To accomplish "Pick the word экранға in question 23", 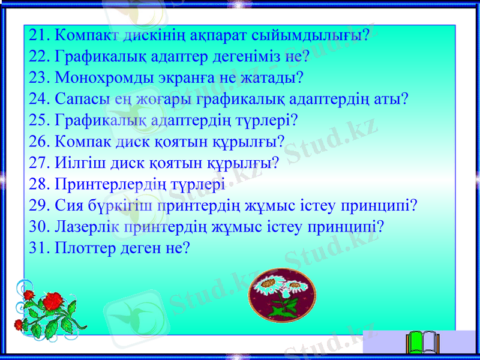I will pos(191,78).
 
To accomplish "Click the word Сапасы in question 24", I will pos(79,99).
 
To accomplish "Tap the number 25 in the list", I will pos(38,120).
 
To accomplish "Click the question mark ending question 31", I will pos(186,247).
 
